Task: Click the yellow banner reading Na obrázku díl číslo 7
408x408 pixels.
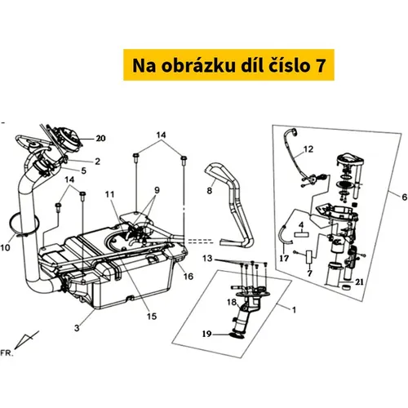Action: click(x=228, y=64)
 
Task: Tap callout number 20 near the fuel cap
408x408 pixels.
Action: click(x=100, y=139)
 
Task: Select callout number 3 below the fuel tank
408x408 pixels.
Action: click(x=77, y=328)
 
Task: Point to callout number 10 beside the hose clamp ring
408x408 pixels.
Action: click(x=6, y=248)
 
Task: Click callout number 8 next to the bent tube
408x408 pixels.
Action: click(x=209, y=191)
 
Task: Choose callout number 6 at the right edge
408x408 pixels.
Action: click(x=404, y=197)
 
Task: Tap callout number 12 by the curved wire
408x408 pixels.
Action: click(x=308, y=149)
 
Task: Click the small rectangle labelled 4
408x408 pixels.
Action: click(x=301, y=234)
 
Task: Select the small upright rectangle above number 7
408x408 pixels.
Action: click(x=309, y=257)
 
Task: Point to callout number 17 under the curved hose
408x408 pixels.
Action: click(x=284, y=258)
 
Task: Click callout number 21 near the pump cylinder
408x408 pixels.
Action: click(x=359, y=282)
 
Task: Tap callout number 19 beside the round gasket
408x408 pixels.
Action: click(x=206, y=334)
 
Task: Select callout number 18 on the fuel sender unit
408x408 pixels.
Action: click(x=232, y=302)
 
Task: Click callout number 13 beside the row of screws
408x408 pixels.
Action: click(x=207, y=258)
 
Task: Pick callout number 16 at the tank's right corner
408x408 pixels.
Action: click(x=188, y=277)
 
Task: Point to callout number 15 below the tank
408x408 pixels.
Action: click(x=152, y=316)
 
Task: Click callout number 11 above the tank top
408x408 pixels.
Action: click(x=110, y=195)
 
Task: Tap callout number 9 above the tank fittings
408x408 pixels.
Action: click(x=157, y=191)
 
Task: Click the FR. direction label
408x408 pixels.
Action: click(x=7, y=353)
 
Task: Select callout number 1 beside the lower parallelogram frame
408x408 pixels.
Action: click(x=294, y=310)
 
